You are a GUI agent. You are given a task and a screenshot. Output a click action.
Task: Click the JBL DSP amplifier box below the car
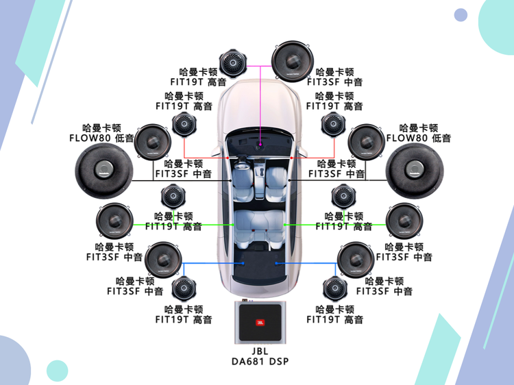(x=259, y=323)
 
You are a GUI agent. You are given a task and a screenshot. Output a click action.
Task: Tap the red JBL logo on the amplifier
(x=259, y=322)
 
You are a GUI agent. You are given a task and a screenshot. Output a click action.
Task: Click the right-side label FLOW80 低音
(x=418, y=138)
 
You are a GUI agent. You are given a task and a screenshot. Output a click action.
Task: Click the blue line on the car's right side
(x=308, y=263)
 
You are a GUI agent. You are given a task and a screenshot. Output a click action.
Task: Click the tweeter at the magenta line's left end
(x=232, y=66)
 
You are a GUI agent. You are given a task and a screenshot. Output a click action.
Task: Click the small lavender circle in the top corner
(x=461, y=15)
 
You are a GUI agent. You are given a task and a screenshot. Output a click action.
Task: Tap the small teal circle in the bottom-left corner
(x=56, y=371)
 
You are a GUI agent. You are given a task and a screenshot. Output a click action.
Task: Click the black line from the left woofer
(x=178, y=181)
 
